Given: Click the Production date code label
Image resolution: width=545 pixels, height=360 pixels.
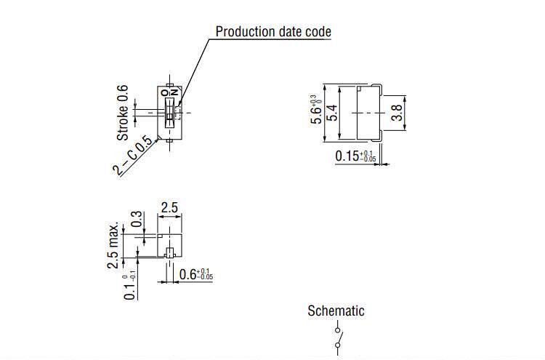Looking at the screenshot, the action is point(273,31).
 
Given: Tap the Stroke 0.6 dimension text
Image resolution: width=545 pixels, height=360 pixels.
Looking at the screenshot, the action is point(123,113).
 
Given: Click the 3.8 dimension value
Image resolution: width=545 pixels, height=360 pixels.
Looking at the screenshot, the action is point(397,112).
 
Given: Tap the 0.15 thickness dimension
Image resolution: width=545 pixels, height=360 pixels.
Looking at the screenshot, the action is point(355,156).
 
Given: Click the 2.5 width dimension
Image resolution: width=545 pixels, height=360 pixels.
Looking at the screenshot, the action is point(169,208).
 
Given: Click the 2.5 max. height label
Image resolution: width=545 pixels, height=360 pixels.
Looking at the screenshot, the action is point(113,241).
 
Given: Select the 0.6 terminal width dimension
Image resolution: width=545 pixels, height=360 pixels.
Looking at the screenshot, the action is point(195,275).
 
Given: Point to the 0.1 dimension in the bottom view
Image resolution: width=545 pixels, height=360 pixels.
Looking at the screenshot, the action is point(130,286).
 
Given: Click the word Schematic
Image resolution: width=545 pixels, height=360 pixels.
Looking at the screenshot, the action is point(336,311).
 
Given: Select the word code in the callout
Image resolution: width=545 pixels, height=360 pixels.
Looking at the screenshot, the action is point(318,31).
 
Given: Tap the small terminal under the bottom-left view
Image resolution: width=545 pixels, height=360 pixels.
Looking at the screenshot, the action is point(169,252).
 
